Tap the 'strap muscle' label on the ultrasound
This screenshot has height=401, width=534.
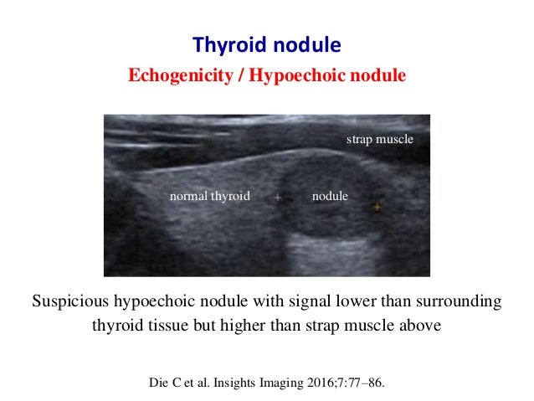pyautogui.click(x=380, y=139)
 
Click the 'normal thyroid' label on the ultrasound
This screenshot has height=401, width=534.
pyautogui.click(x=210, y=197)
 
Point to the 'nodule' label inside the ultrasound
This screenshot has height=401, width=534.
pyautogui.click(x=329, y=197)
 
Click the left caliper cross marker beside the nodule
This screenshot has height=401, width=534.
pyautogui.click(x=277, y=199)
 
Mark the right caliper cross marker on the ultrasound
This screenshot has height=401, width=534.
pyautogui.click(x=377, y=206)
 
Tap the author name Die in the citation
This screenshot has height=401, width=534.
pyautogui.click(x=157, y=384)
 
